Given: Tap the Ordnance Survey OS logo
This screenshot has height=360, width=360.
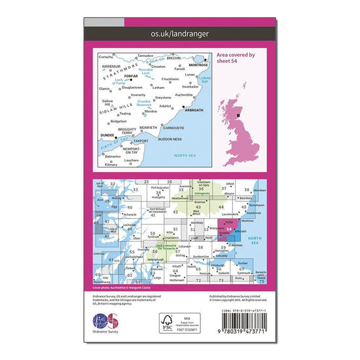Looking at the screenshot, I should (106, 323).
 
